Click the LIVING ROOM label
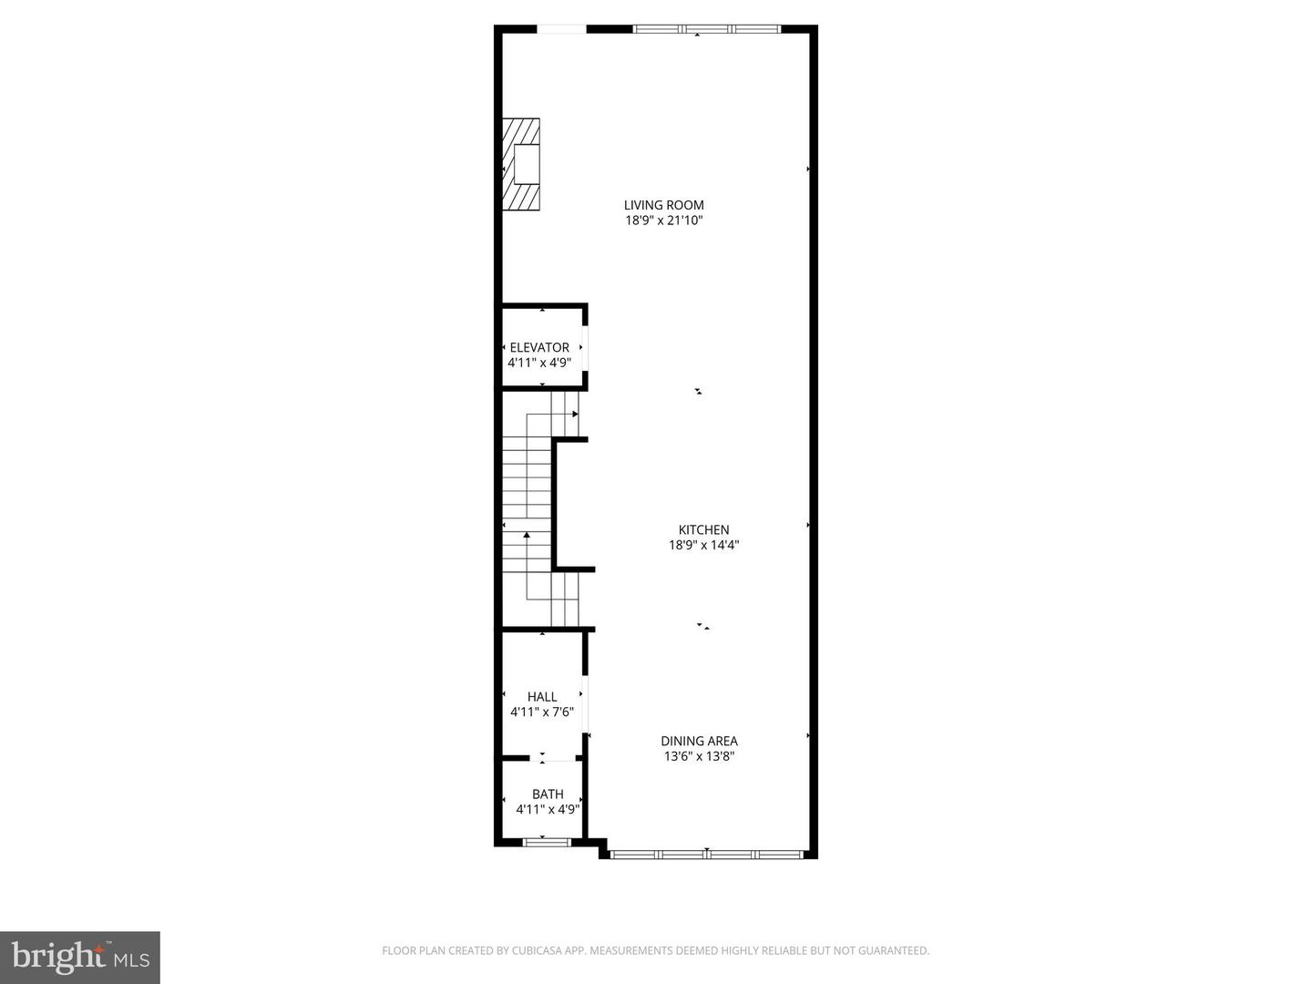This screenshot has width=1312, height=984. pyautogui.click(x=663, y=205)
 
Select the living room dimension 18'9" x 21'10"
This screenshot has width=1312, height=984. pyautogui.click(x=663, y=220)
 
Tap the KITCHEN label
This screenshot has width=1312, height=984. pyautogui.click(x=703, y=529)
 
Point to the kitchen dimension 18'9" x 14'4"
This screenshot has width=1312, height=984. pyautogui.click(x=703, y=545)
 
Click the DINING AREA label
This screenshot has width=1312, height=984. pyautogui.click(x=699, y=741)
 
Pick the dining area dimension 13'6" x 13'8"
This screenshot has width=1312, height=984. pyautogui.click(x=699, y=756)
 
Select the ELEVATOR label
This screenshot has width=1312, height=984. pyautogui.click(x=539, y=347)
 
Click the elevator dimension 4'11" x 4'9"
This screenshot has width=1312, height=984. pyautogui.click(x=539, y=363)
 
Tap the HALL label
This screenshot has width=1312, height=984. pyautogui.click(x=542, y=697)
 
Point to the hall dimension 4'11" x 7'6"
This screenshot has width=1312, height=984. pyautogui.click(x=542, y=712)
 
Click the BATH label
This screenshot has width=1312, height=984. pyautogui.click(x=548, y=794)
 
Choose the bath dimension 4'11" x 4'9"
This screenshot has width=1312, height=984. pyautogui.click(x=548, y=809)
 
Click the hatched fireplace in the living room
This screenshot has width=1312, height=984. pyautogui.click(x=521, y=165)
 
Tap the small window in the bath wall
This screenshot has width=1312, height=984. pyautogui.click(x=547, y=843)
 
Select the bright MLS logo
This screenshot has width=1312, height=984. pyautogui.click(x=80, y=957)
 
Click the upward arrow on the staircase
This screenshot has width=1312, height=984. pyautogui.click(x=527, y=535)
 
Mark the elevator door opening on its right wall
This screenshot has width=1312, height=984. pyautogui.click(x=585, y=347)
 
